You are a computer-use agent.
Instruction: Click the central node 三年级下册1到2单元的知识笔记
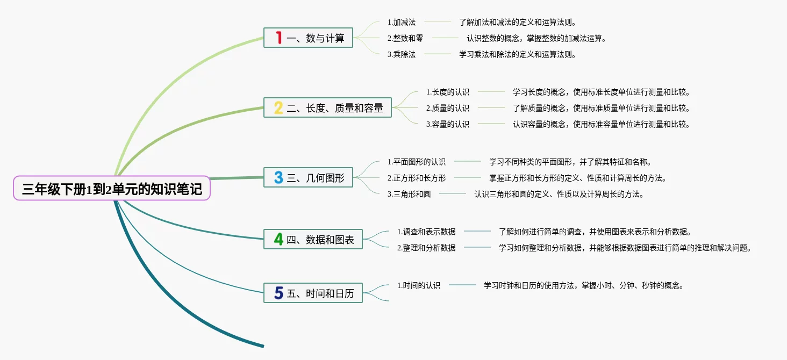pyautogui.click(x=112, y=189)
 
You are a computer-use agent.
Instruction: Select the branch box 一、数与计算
pyautogui.click(x=308, y=38)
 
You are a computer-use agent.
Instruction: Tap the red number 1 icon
pyautogui.click(x=278, y=38)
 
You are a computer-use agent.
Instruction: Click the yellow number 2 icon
pyautogui.click(x=278, y=107)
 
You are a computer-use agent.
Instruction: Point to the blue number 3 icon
pyautogui.click(x=278, y=177)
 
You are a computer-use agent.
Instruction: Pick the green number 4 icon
pyautogui.click(x=278, y=239)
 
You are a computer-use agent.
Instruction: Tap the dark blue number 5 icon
pyautogui.click(x=278, y=293)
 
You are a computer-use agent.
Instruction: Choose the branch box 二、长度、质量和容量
pyautogui.click(x=327, y=107)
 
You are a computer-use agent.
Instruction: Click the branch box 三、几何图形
pyautogui.click(x=308, y=177)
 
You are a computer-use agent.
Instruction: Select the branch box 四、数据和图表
pyautogui.click(x=313, y=239)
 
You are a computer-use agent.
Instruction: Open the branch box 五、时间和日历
pyautogui.click(x=313, y=293)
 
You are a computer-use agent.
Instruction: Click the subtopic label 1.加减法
pyautogui.click(x=402, y=22)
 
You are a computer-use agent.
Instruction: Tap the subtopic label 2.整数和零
pyautogui.click(x=405, y=38)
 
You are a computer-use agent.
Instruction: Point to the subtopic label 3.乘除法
pyautogui.click(x=402, y=54)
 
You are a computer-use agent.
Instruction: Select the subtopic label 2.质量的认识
pyautogui.click(x=448, y=108)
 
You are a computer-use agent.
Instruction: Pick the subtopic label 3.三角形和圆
pyautogui.click(x=409, y=194)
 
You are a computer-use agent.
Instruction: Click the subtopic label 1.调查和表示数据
pyautogui.click(x=426, y=232)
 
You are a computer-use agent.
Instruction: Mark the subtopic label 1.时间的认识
pyautogui.click(x=419, y=285)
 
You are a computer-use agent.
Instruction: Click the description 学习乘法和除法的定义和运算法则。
pyautogui.click(x=518, y=54)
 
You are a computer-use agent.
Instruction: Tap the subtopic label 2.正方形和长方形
pyautogui.click(x=417, y=178)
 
